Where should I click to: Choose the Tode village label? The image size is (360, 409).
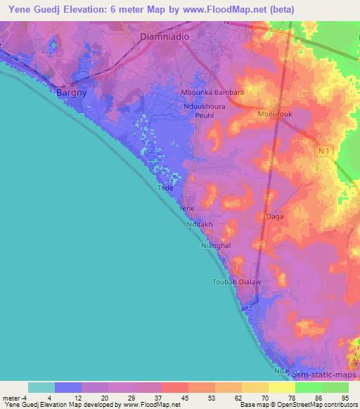165,188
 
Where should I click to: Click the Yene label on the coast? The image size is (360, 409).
186,209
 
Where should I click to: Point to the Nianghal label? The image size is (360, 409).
216,245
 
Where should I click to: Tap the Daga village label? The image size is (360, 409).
275,216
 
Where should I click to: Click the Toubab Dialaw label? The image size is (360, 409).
237,282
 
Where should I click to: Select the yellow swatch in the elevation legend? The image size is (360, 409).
282,387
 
